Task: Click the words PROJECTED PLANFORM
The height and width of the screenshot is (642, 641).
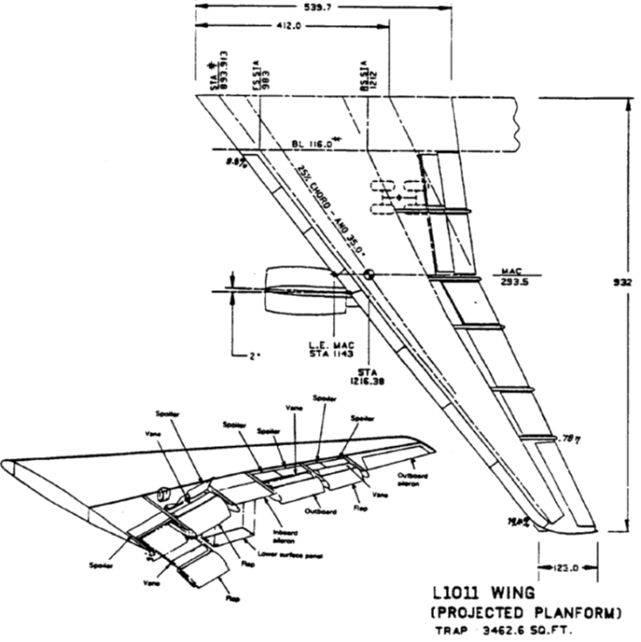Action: pos(526,613)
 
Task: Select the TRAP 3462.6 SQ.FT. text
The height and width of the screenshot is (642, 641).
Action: pos(508,631)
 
